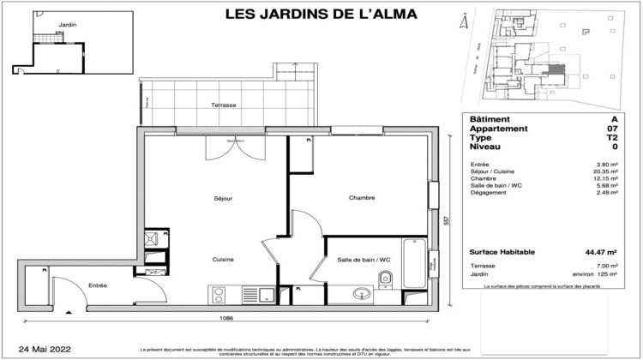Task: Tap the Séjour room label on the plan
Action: (223, 198)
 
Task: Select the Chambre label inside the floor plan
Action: (362, 198)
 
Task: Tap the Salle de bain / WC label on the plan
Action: (364, 260)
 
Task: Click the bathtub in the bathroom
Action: (414, 262)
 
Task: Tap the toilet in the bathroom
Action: (388, 276)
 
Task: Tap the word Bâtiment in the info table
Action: (490, 119)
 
